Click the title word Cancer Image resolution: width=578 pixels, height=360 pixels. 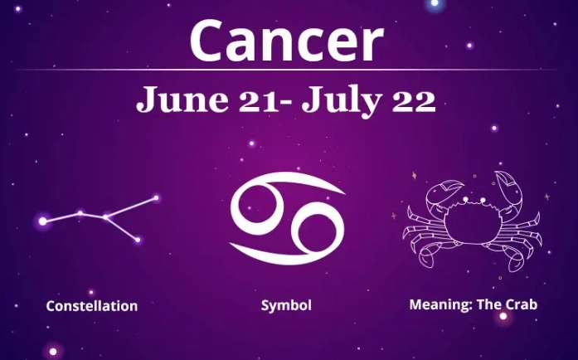pyautogui.click(x=286, y=41)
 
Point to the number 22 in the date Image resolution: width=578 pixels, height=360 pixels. pyautogui.click(x=415, y=100)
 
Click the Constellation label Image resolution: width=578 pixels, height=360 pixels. pyautogui.click(x=92, y=306)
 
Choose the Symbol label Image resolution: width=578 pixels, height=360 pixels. pyautogui.click(x=286, y=305)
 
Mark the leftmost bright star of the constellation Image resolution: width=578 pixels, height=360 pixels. pyautogui.click(x=43, y=221)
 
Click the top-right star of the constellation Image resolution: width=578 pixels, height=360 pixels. pyautogui.click(x=156, y=197)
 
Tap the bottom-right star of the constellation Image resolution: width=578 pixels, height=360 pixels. pyautogui.click(x=137, y=240)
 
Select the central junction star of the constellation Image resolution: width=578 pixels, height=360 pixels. pyautogui.click(x=106, y=217)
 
